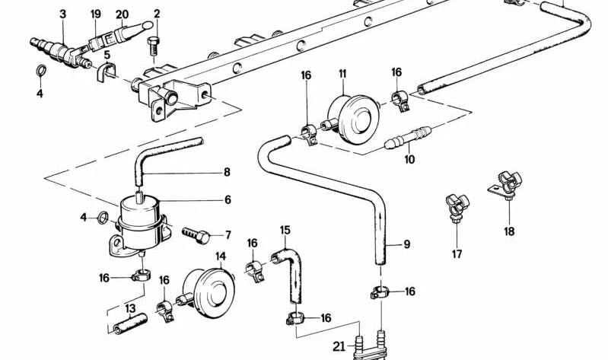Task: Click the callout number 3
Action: point(63,14)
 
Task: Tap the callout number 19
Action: point(95,14)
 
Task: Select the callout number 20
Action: point(122,14)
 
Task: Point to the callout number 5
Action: point(107,55)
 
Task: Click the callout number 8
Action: point(226,173)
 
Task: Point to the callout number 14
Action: point(221,256)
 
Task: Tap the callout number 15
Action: point(285,230)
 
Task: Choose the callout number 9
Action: point(406,244)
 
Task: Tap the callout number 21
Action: point(339,346)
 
